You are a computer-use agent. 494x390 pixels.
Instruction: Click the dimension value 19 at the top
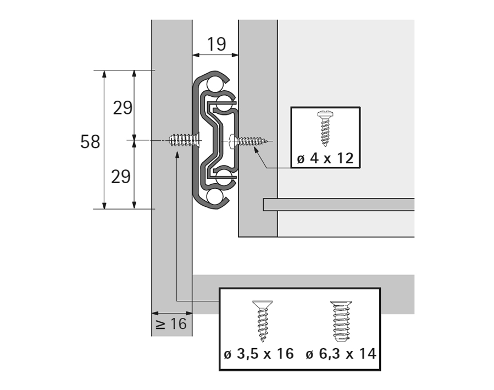pyautogui.click(x=217, y=43)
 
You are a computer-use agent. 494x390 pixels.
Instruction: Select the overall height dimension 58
pyautogui.click(x=90, y=141)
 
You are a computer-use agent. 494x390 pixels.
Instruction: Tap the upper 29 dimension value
pyautogui.click(x=123, y=107)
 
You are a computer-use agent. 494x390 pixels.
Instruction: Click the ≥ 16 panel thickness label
pyautogui.click(x=171, y=324)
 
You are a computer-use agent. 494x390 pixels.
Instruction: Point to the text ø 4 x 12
pyautogui.click(x=325, y=158)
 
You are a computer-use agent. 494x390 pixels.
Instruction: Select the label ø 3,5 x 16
pyautogui.click(x=259, y=354)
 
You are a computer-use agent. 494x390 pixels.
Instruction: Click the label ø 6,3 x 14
pyautogui.click(x=341, y=354)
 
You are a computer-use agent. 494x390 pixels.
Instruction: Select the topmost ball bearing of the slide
pyautogui.click(x=216, y=82)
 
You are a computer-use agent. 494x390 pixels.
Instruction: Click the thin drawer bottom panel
pyautogui.click(x=338, y=204)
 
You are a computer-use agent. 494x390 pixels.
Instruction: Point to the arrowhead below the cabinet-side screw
pyautogui.click(x=176, y=156)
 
